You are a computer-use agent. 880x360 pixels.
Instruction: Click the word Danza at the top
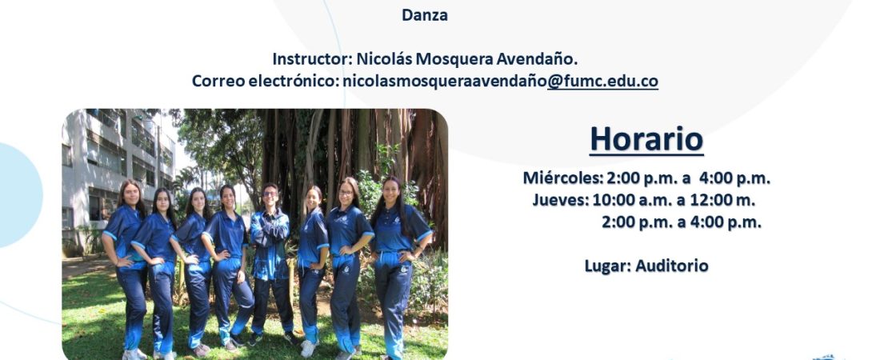424,15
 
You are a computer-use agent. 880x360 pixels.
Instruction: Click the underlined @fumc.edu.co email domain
602,82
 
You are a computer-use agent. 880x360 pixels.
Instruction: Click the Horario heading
646,139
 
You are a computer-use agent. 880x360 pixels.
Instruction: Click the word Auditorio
672,266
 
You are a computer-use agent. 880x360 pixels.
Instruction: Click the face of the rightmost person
391,191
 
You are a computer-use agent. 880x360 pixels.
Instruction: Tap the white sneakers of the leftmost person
134,354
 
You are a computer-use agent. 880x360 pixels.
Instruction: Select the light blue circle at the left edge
19,195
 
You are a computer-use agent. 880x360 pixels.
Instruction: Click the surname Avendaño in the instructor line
543,59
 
